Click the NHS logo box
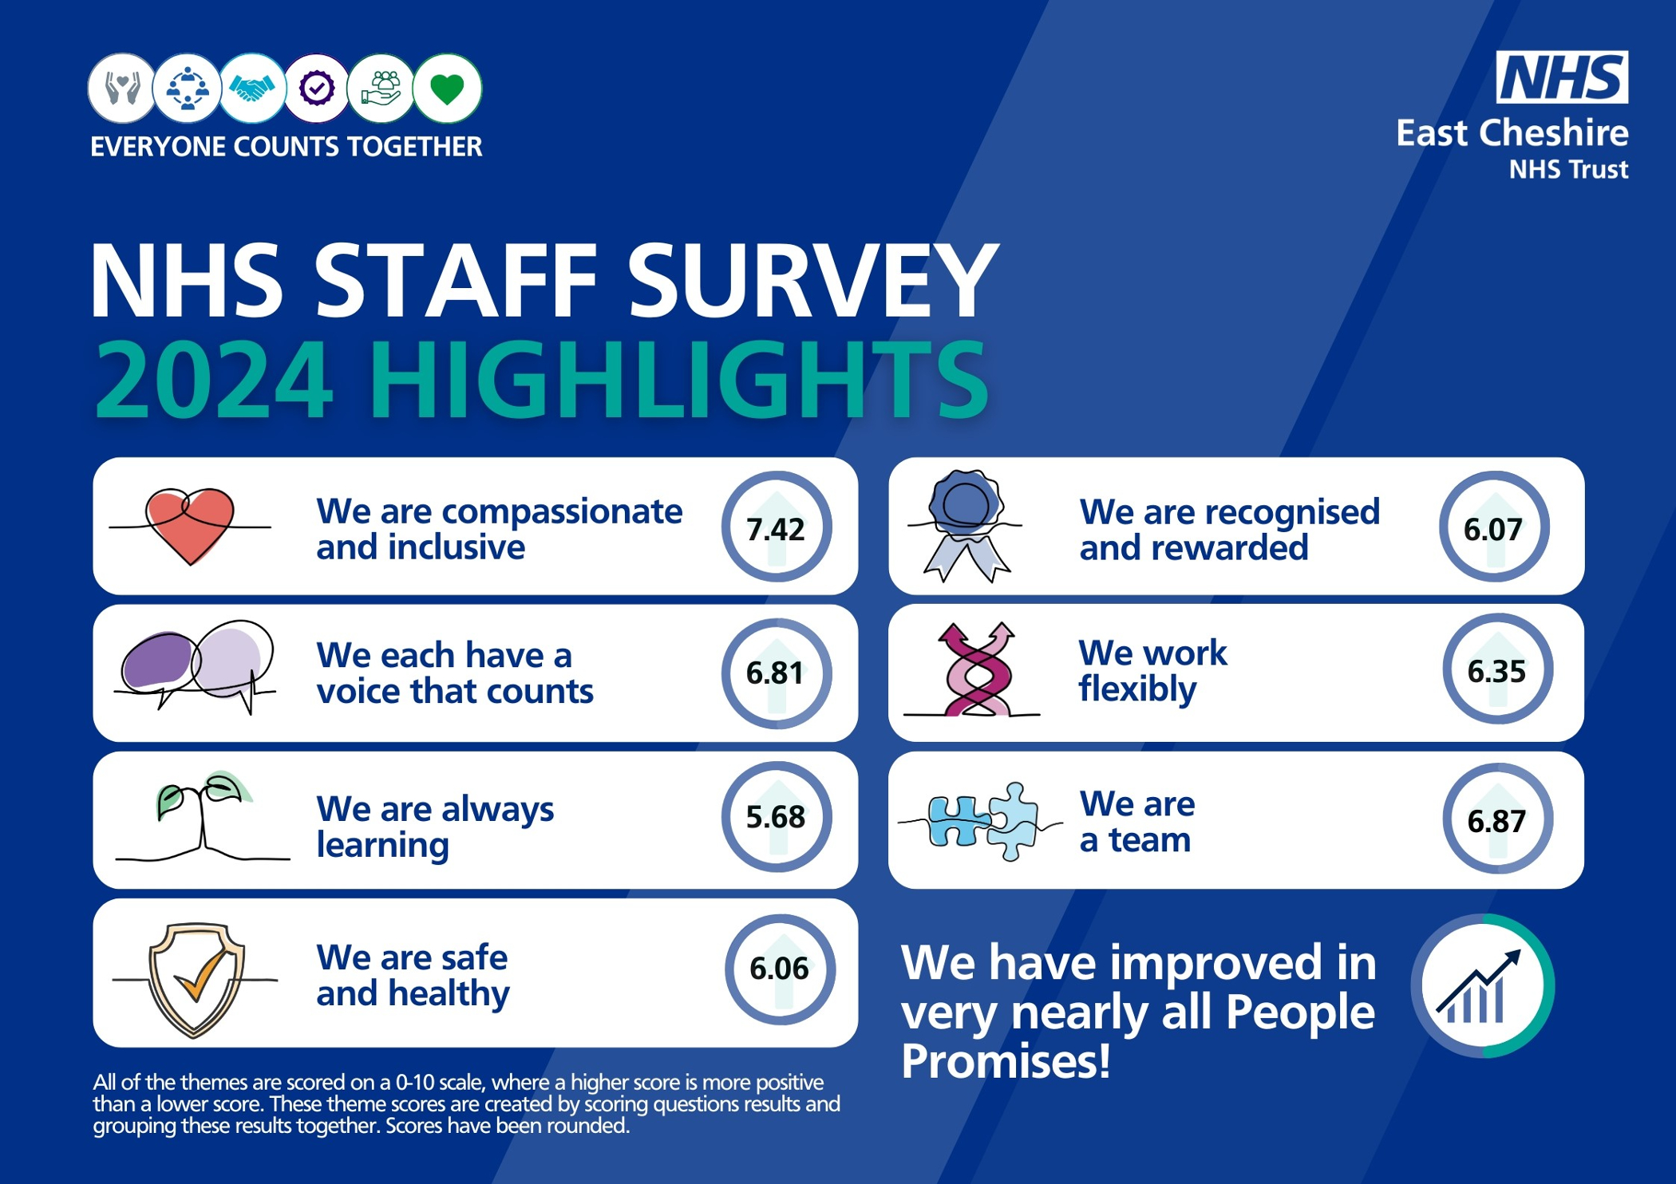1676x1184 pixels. click(x=1562, y=77)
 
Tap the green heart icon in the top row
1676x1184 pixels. click(x=447, y=89)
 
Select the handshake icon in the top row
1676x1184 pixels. click(x=252, y=89)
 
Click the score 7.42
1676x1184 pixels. click(x=775, y=530)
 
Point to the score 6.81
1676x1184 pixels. click(x=775, y=673)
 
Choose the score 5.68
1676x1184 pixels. click(x=775, y=817)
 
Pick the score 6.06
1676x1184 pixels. click(x=779, y=969)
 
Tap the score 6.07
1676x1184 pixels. click(x=1493, y=530)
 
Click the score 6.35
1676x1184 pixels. click(x=1496, y=672)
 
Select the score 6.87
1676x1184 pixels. click(x=1496, y=821)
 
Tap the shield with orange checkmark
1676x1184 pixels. click(x=196, y=980)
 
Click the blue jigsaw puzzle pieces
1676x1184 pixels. click(x=982, y=822)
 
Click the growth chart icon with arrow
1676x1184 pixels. click(x=1481, y=987)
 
